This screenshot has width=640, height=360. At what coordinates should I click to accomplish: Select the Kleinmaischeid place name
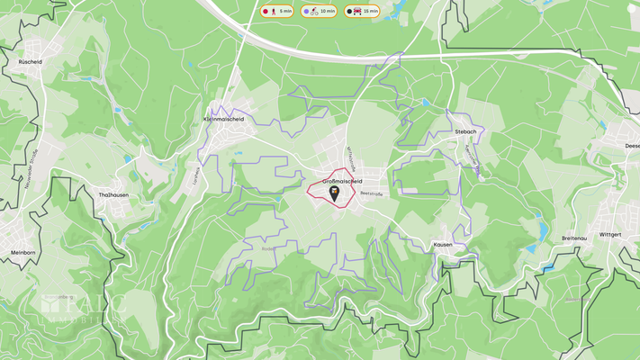(x=224, y=118)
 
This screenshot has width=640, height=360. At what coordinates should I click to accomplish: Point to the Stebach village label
(x=465, y=131)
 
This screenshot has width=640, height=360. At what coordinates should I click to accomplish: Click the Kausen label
(x=443, y=244)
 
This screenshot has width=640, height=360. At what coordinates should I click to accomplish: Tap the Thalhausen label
(x=115, y=194)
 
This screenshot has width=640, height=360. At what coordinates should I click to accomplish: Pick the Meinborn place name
(x=23, y=253)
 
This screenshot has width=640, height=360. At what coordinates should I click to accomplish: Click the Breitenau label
(x=574, y=238)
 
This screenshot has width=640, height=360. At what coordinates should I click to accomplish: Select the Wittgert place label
(x=610, y=234)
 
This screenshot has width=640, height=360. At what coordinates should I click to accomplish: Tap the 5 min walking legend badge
(x=278, y=12)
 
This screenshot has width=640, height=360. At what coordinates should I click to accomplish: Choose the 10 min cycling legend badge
(x=320, y=12)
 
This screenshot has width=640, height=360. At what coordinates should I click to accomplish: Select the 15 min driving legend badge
(x=362, y=12)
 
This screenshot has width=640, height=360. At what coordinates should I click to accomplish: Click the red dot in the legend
(x=266, y=12)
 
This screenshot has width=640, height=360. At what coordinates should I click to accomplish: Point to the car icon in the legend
(x=359, y=12)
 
